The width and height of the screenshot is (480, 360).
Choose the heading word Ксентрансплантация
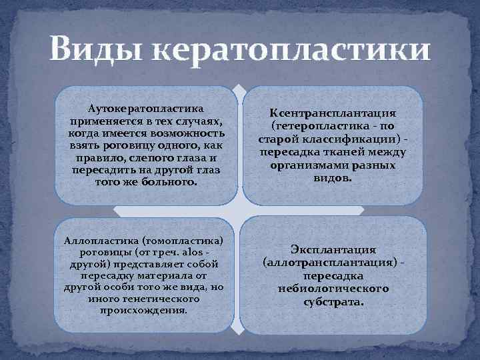click(333, 113)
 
